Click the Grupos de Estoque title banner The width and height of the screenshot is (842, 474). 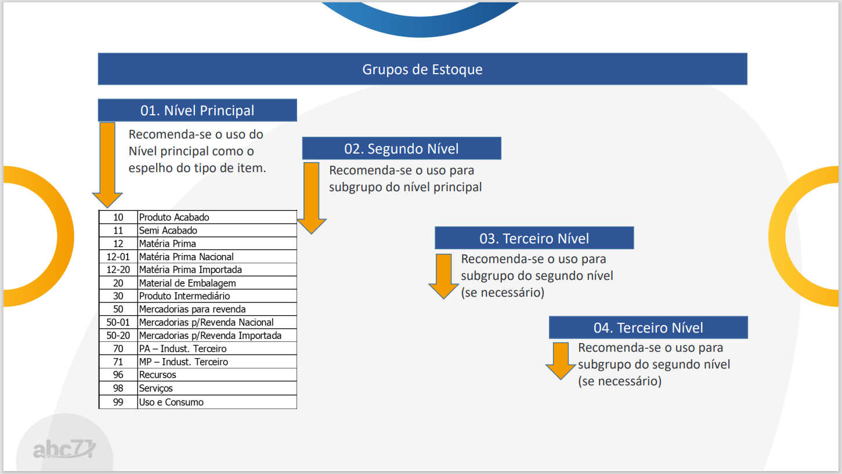point(422,69)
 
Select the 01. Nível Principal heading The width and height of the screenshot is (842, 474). point(197,110)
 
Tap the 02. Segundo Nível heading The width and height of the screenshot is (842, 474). point(402,148)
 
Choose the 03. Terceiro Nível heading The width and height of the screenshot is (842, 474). point(534,238)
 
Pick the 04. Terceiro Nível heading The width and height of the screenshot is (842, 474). point(648,327)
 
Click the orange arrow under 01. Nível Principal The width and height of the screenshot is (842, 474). point(107,165)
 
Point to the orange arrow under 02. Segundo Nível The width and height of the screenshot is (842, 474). point(312,198)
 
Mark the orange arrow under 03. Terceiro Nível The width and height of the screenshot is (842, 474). point(443,276)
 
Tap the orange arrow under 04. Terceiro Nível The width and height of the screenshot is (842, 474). point(561,361)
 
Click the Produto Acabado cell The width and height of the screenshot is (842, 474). point(217,217)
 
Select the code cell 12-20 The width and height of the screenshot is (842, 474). point(118,270)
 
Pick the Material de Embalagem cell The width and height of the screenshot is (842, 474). point(217,283)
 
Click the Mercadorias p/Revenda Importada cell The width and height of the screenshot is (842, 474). point(217,336)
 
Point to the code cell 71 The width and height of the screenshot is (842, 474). point(118,362)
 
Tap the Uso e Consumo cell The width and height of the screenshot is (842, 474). point(217,402)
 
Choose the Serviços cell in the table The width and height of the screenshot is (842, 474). point(217,388)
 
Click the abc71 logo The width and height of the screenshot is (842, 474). point(64,449)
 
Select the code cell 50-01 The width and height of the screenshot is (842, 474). point(118,322)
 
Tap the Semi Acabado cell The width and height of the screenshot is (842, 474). point(217,231)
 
